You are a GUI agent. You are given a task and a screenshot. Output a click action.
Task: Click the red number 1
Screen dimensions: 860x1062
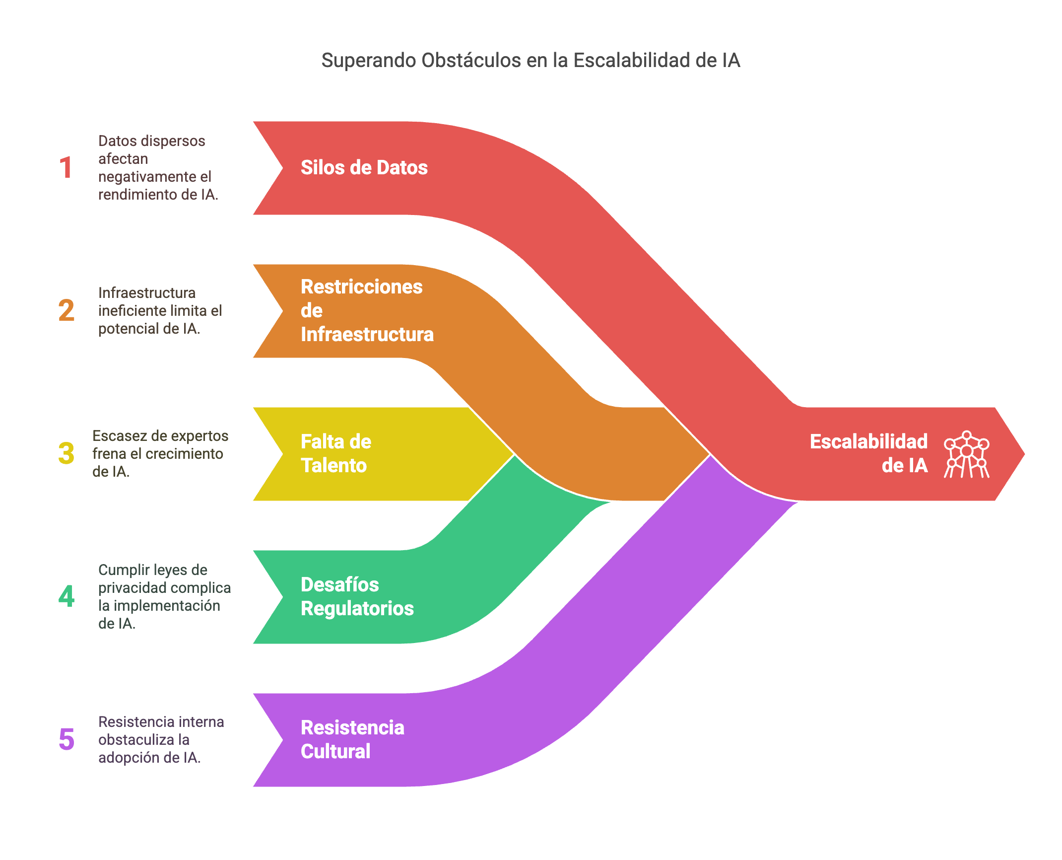(x=66, y=168)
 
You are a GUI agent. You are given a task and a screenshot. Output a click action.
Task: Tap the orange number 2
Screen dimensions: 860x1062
(x=66, y=311)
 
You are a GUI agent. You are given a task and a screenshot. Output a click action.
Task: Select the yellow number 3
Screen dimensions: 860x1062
(x=66, y=454)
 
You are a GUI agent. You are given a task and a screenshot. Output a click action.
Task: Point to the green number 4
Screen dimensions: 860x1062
(x=66, y=597)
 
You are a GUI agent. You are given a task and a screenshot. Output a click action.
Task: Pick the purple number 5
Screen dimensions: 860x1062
(x=66, y=740)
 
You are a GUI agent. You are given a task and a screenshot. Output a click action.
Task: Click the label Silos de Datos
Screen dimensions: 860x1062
(x=364, y=168)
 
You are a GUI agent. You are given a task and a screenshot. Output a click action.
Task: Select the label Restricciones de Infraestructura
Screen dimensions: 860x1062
(x=367, y=311)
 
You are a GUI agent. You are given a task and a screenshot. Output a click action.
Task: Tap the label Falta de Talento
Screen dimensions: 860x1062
(x=336, y=454)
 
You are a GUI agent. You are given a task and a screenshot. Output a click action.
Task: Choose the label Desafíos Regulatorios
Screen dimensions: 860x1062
(x=357, y=597)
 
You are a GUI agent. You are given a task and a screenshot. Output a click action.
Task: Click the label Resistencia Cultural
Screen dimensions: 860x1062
(x=352, y=740)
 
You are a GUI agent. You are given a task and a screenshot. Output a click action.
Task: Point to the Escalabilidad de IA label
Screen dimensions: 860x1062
(x=868, y=454)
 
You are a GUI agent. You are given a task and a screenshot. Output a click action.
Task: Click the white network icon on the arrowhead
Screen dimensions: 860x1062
(x=966, y=454)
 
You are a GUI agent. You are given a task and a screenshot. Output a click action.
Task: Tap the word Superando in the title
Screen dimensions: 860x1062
(x=369, y=61)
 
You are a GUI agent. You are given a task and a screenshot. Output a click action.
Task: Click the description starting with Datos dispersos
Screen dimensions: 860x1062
(x=158, y=168)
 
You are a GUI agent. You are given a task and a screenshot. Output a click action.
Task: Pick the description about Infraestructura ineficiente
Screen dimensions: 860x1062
(x=160, y=311)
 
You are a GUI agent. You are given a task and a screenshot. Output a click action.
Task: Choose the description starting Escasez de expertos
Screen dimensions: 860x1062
(x=160, y=454)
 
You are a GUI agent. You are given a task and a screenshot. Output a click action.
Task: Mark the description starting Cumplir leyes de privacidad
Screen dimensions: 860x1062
(x=164, y=597)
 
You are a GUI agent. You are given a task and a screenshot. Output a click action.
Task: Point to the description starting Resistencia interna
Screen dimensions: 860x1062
(x=161, y=740)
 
